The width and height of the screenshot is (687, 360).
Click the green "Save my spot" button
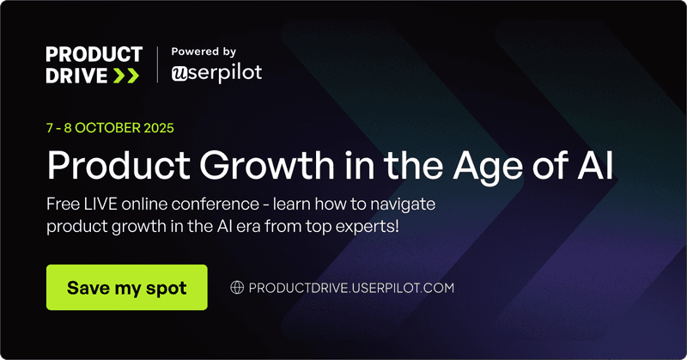tap(126, 287)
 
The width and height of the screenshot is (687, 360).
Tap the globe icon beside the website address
tap(238, 288)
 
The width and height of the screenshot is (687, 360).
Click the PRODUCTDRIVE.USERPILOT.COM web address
tap(350, 288)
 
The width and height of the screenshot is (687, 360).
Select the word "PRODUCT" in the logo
tap(94, 56)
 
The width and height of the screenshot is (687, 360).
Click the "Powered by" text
tap(204, 52)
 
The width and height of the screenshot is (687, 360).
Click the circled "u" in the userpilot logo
tap(179, 74)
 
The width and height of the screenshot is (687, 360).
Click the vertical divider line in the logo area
tap(157, 64)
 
